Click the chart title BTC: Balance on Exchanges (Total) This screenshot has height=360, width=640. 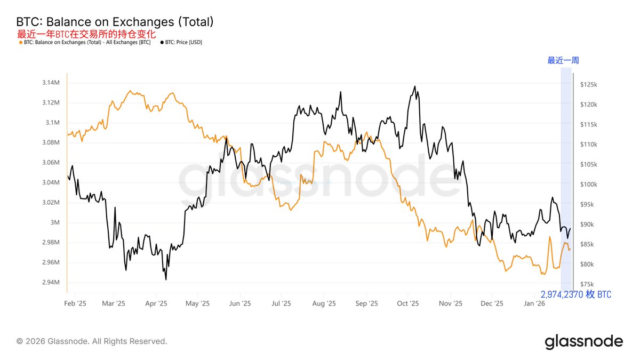tap(115, 22)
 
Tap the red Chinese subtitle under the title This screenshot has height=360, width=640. tap(86, 34)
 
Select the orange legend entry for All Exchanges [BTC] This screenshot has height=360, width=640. tap(85, 42)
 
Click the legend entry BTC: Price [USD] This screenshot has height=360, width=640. tap(181, 42)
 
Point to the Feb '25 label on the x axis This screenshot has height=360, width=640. tap(75, 303)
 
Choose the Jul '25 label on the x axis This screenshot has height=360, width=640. tap(282, 303)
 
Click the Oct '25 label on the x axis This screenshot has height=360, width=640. tap(408, 303)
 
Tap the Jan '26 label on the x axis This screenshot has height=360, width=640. tap(534, 303)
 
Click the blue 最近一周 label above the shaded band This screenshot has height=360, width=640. tap(563, 60)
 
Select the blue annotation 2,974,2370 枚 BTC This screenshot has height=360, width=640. tap(576, 294)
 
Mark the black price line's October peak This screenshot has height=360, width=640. tap(415, 86)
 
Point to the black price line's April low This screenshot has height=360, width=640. tap(166, 279)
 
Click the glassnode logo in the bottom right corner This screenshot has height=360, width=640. tap(583, 341)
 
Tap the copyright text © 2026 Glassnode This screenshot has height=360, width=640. tap(92, 341)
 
